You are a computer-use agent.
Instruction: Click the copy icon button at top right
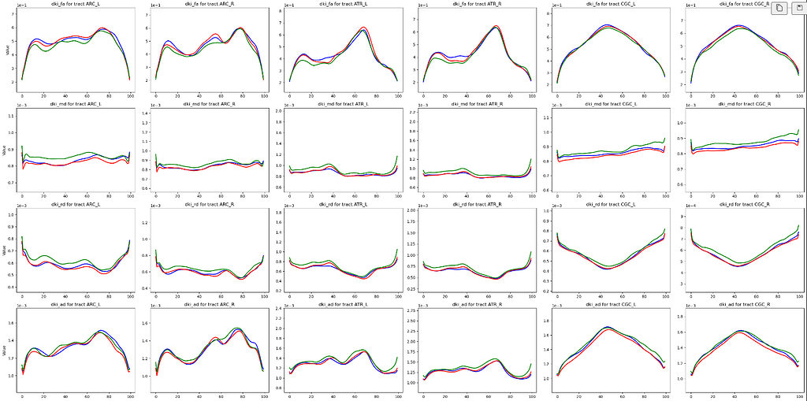[x=778, y=8]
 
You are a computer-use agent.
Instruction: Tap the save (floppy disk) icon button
[x=798, y=8]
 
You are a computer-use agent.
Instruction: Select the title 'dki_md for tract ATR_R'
[x=475, y=104]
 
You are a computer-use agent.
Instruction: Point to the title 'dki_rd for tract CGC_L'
[x=608, y=205]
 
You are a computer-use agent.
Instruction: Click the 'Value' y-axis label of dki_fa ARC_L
[x=7, y=50]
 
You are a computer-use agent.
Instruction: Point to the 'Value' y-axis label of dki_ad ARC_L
[x=7, y=344]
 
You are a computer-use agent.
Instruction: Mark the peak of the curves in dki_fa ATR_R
[x=496, y=26]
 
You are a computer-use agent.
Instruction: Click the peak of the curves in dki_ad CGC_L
[x=607, y=327]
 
